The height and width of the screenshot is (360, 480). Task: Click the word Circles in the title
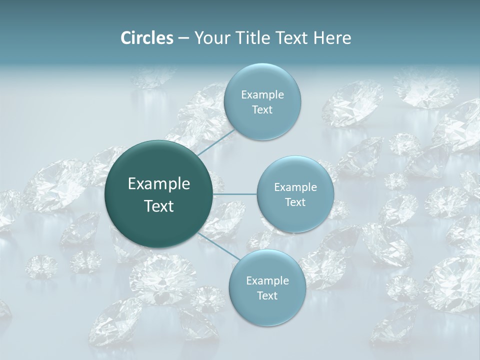click(147, 38)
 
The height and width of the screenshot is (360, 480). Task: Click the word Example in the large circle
click(159, 184)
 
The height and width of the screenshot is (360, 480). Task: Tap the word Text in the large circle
click(159, 206)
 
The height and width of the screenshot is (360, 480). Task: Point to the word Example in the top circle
click(262, 95)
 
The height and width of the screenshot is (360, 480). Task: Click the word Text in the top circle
click(262, 110)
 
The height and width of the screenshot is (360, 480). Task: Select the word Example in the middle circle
click(295, 187)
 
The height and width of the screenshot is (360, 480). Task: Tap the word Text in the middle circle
click(295, 202)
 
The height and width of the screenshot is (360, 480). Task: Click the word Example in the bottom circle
click(267, 281)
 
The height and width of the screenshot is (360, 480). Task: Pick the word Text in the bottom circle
click(267, 296)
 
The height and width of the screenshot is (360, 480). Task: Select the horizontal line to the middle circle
click(235, 194)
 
